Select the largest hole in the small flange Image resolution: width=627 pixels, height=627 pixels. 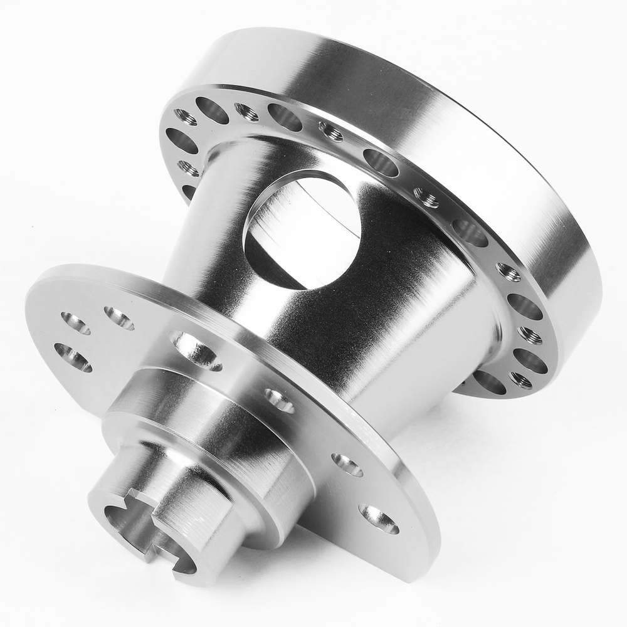coord(196,350)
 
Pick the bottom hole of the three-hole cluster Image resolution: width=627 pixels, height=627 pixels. coord(73,357)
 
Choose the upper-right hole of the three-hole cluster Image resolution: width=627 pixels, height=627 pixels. coord(119,318)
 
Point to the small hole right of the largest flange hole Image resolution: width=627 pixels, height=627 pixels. coord(278,401)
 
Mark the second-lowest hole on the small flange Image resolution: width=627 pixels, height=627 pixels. coord(347,465)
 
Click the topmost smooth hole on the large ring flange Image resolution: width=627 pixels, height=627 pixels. coord(212,110)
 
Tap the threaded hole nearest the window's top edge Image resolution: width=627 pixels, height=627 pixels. coord(330,131)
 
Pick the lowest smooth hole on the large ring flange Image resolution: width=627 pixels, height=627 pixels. coord(489,382)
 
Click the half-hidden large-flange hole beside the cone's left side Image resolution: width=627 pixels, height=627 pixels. coord(189,191)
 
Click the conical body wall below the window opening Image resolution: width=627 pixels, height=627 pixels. coord(351,332)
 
